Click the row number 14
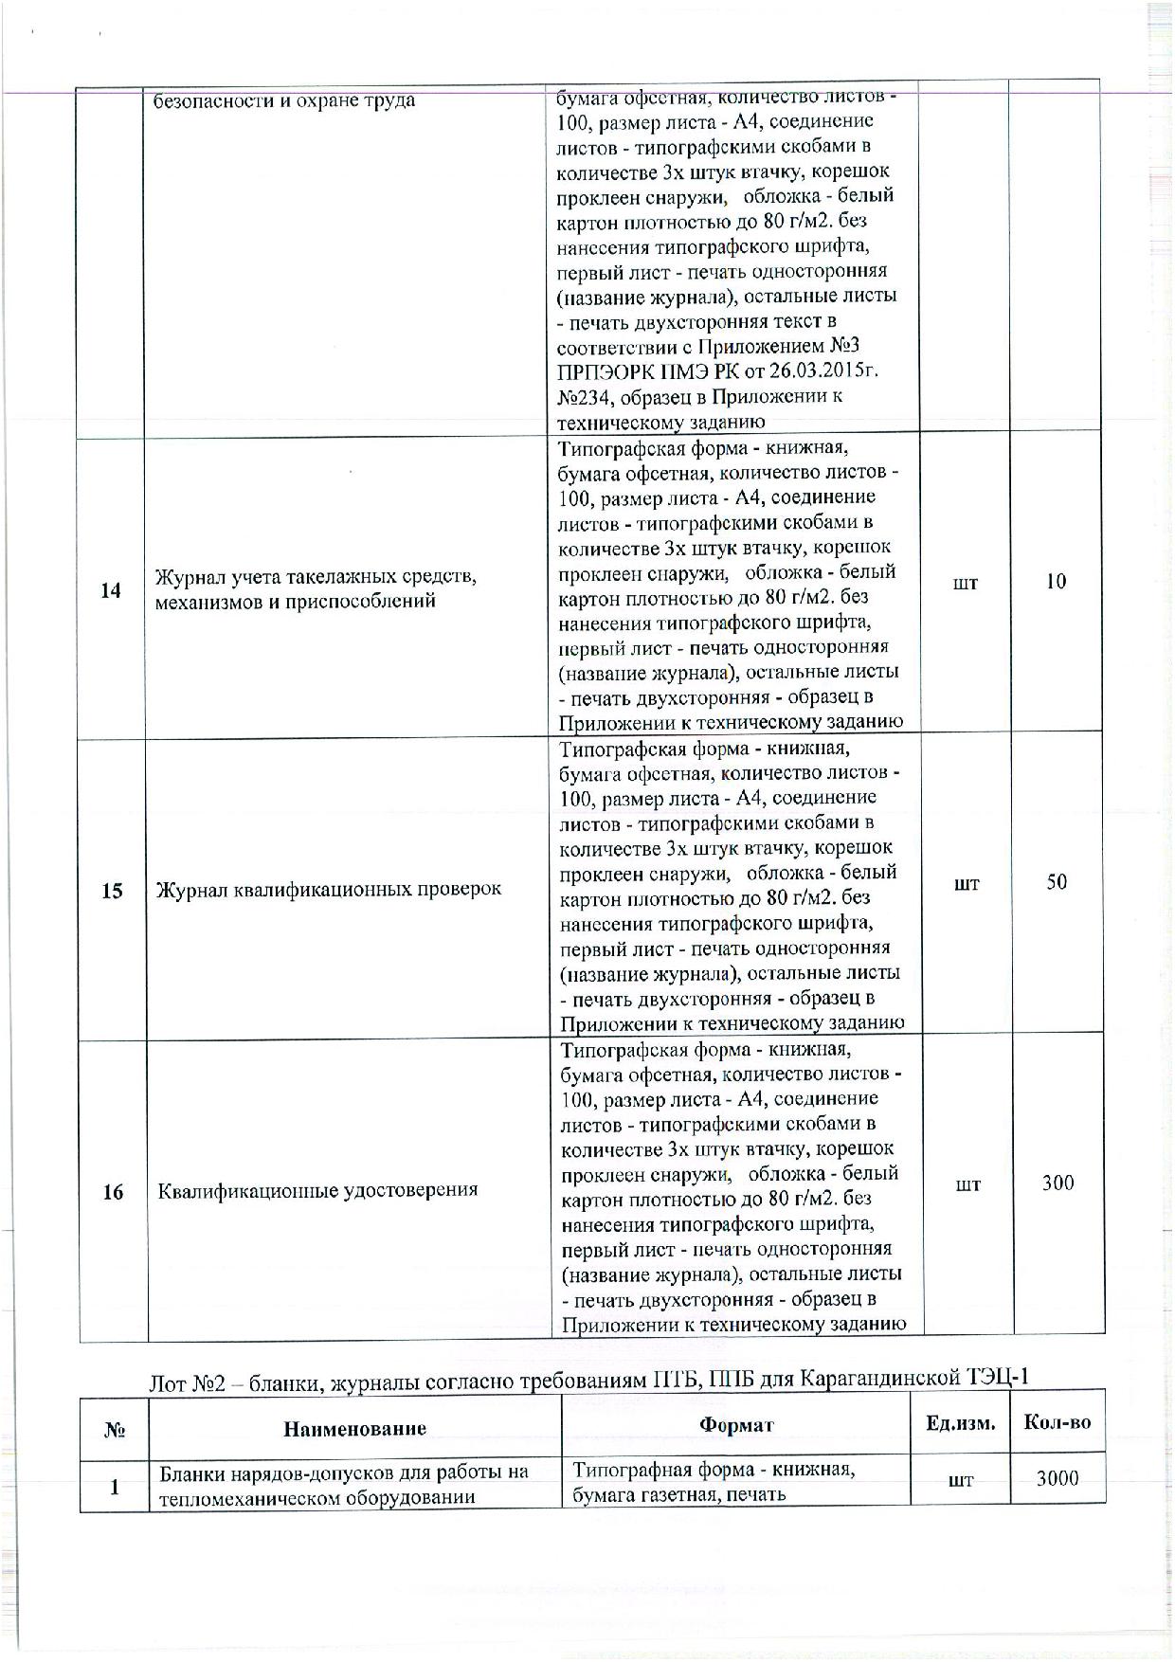point(111,590)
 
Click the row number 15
point(112,891)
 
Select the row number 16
point(113,1191)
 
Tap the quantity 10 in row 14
point(1057,582)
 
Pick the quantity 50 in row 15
point(1057,882)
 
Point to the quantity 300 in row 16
point(1057,1183)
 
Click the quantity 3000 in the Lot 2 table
point(1057,1477)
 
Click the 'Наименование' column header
point(355,1428)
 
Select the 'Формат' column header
point(736,1425)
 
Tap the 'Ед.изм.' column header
point(961,1423)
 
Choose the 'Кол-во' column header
point(1057,1422)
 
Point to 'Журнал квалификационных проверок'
point(328,890)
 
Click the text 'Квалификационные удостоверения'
point(317,1190)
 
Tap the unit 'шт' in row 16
point(967,1183)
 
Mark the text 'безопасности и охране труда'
point(285,100)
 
